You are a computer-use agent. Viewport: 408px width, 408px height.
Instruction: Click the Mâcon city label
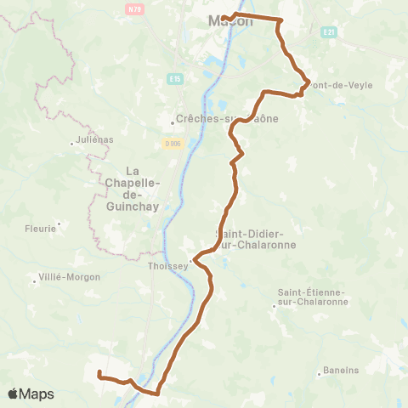[x=230, y=22]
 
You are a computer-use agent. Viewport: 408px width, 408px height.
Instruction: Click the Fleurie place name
[x=40, y=228]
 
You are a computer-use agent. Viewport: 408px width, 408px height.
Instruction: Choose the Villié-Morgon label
[x=70, y=277]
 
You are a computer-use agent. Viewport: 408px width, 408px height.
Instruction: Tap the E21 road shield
[x=329, y=32]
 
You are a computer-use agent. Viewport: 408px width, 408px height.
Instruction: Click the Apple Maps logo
[x=31, y=394]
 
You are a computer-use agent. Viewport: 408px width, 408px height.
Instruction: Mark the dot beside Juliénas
[x=72, y=143]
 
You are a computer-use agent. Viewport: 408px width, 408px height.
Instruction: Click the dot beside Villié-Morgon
[x=32, y=277]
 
